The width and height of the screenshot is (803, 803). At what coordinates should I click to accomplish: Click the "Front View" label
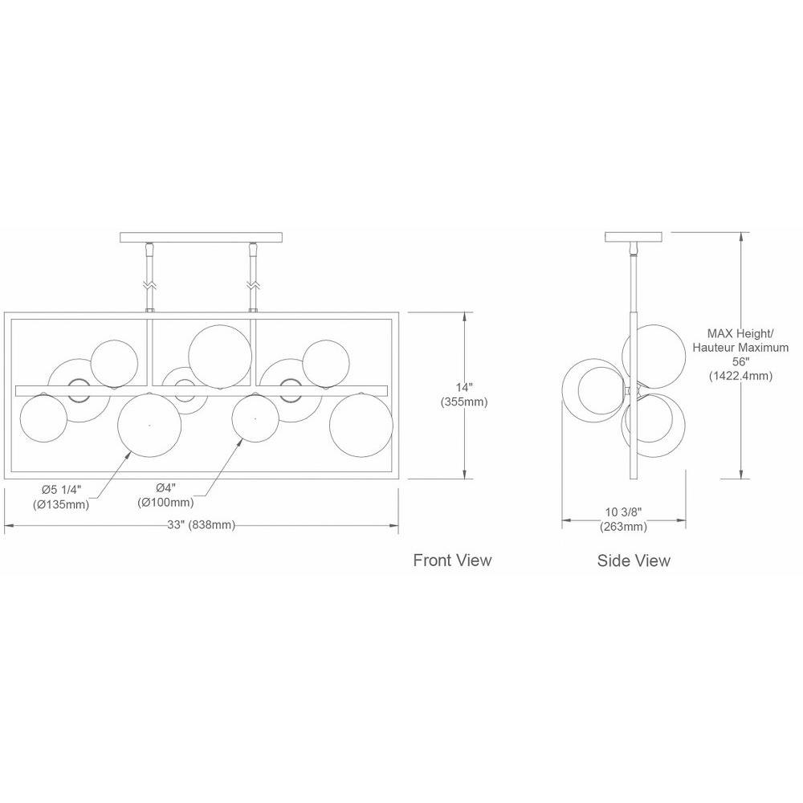[x=452, y=560]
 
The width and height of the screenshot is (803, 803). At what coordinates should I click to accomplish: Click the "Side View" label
[x=634, y=560]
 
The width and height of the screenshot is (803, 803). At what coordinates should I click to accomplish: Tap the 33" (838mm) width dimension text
[x=202, y=525]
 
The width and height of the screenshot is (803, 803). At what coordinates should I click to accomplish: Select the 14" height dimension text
[x=464, y=387]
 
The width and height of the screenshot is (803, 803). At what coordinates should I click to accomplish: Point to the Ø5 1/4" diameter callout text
[x=62, y=489]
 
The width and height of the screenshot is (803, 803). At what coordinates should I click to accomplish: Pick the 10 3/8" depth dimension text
[x=623, y=512]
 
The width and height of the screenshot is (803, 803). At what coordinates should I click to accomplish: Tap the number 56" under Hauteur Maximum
[x=741, y=362]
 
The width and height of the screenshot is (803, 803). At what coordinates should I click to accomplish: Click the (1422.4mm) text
[x=740, y=376]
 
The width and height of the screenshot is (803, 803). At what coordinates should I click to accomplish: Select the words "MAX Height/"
[x=740, y=333]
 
